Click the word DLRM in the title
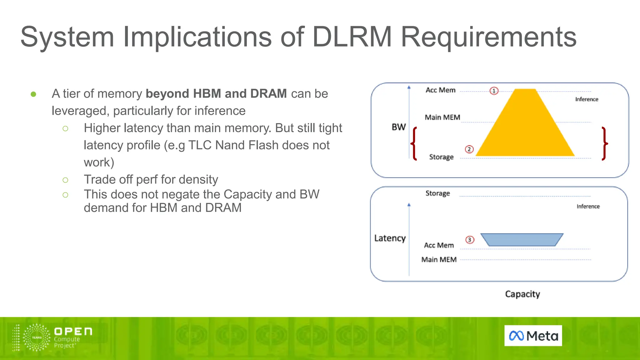tap(352, 37)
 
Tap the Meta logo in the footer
tap(533, 336)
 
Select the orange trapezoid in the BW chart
tap(525, 128)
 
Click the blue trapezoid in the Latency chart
tap(522, 239)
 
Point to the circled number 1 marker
tap(494, 91)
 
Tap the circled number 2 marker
tap(469, 149)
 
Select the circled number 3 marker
tap(470, 240)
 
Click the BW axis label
tap(398, 127)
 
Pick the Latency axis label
tap(390, 238)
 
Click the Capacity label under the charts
tap(522, 294)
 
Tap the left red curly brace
tap(414, 144)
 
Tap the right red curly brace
tap(605, 144)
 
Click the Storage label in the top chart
tap(441, 157)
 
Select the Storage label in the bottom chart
tap(437, 193)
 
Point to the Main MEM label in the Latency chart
tap(439, 260)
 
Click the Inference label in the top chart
tap(587, 99)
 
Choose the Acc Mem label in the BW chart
tap(440, 90)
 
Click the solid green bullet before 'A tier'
tap(33, 94)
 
